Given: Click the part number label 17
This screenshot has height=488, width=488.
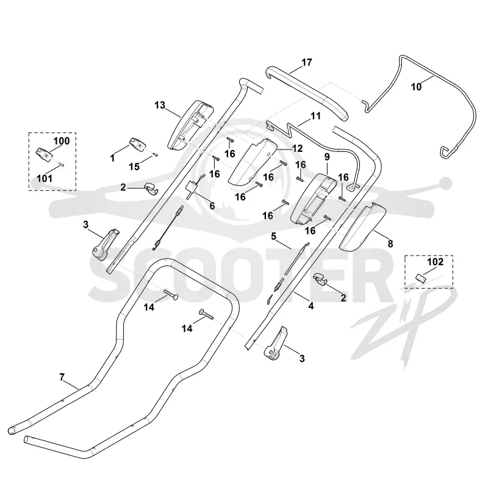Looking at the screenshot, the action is (307, 63).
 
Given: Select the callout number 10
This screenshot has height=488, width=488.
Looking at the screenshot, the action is (416, 87).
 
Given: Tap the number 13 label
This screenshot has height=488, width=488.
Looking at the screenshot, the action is (160, 105).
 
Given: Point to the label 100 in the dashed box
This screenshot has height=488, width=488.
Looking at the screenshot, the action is (62, 141).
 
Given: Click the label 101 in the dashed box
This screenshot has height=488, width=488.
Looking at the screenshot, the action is (45, 178).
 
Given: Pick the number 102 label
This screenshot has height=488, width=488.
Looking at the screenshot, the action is (435, 262).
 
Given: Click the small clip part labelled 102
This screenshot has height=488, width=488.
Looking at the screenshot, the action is (420, 277).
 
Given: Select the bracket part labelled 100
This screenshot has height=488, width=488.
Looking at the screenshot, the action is (43, 154).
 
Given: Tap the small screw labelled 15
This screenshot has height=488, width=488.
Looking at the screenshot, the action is (157, 154).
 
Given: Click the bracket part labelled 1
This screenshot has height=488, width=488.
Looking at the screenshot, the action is (137, 144).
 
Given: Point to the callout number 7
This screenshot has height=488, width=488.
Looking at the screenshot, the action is (62, 377).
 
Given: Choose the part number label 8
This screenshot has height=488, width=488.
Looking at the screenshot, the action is (390, 243).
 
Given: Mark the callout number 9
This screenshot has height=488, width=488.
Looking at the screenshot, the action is (327, 157).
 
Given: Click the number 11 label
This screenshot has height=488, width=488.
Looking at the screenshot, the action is (315, 116).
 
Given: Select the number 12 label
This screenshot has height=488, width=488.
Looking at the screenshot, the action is (298, 148).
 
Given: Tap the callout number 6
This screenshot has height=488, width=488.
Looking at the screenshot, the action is (212, 206).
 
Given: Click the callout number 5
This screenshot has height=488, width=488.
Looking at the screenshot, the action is (273, 237).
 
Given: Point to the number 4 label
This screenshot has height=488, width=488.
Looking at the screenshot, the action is (311, 306).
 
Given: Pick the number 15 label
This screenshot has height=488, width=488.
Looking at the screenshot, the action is (134, 167).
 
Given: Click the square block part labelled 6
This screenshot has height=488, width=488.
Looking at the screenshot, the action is (192, 188).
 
